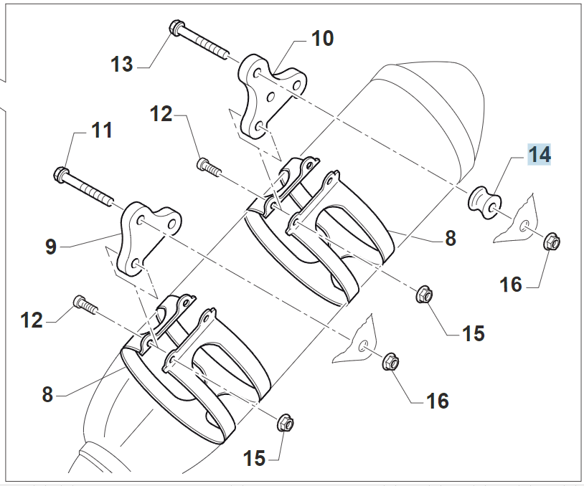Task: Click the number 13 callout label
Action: pos(122,65)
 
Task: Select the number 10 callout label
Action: pos(322,37)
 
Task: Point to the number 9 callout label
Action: pos(51,247)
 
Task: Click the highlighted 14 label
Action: pos(540,154)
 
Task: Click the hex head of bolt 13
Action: pos(176,29)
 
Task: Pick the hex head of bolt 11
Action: pos(61,173)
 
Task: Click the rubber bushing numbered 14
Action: pos(484,199)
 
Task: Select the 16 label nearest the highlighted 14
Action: pos(511,285)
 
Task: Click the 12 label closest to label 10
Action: pos(161,113)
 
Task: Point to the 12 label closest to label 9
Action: pos(32,320)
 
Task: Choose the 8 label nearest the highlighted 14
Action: pos(450,239)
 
